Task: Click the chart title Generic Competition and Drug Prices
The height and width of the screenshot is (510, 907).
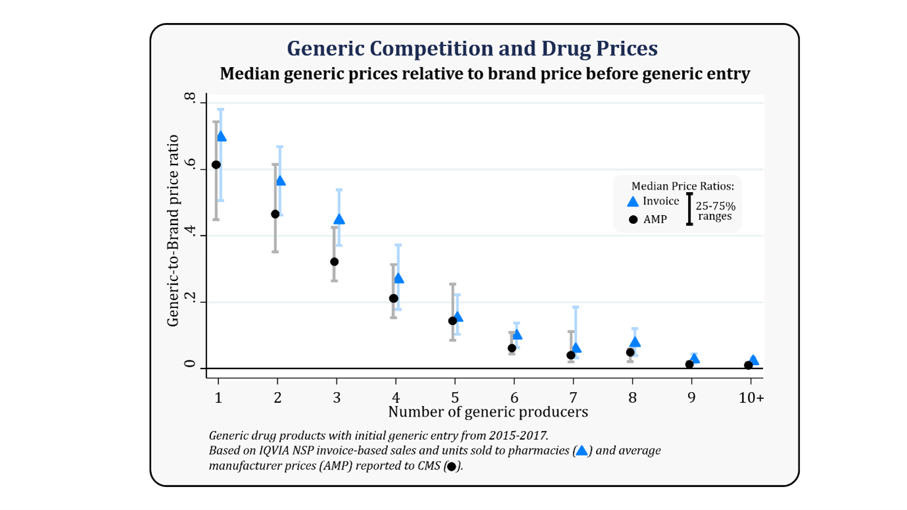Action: [x=472, y=49]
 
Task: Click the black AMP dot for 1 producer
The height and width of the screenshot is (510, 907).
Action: [x=216, y=165]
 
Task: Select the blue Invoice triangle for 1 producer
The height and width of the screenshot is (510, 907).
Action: [x=221, y=136]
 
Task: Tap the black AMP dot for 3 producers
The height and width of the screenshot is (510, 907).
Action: [x=334, y=261]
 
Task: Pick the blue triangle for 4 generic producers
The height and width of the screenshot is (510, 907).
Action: [x=399, y=278]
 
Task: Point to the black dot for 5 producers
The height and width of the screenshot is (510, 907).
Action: [x=453, y=320]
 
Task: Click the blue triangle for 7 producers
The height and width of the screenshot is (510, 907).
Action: [x=576, y=347]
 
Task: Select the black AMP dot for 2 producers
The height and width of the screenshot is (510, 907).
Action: [x=275, y=214]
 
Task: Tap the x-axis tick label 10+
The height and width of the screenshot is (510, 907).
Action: [x=750, y=398]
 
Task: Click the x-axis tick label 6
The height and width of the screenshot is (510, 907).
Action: [x=514, y=398]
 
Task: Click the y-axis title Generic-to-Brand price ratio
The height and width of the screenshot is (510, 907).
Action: [x=173, y=230]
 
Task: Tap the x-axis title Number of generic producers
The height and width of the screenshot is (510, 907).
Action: [x=487, y=413]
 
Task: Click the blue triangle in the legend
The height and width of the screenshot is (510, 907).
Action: [x=633, y=202]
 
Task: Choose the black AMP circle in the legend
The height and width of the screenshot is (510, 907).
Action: [x=633, y=220]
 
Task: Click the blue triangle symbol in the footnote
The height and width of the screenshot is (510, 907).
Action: [x=581, y=450]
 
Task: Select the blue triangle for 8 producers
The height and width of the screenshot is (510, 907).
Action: [x=635, y=342]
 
